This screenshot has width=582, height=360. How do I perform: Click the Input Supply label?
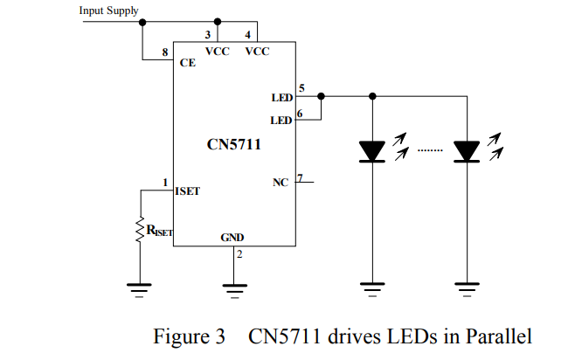pos(108,10)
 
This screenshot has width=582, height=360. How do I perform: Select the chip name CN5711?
pos(233,144)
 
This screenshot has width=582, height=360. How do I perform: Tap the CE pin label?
pos(187,63)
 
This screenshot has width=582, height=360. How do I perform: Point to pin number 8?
pos(165,54)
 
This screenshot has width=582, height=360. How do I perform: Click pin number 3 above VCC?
pos(208,35)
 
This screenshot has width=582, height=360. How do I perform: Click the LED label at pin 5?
pos(281,99)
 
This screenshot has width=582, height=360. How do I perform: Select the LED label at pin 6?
pos(281,120)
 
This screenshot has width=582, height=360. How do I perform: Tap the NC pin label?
pos(281,183)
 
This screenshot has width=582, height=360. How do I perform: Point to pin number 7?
pos(300,178)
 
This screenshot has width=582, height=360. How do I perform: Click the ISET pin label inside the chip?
pos(187,190)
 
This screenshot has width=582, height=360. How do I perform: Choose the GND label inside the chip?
pos(232,238)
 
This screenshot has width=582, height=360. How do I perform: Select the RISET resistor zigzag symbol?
pos(139,229)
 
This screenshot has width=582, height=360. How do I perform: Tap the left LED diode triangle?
pos(373,151)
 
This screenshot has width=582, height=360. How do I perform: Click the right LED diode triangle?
pos(468,151)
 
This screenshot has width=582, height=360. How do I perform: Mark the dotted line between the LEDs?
pos(430,151)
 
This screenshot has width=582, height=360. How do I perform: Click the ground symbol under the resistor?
pos(139,287)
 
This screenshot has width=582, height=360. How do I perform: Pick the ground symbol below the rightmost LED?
pos(468,287)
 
